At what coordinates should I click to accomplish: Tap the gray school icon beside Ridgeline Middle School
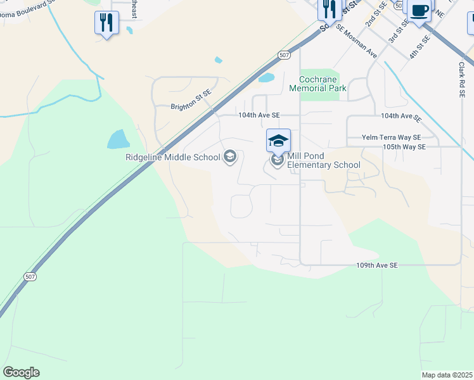[x=230, y=156]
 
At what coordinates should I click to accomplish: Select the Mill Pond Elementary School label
[x=324, y=161]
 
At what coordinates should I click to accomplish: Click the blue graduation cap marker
[x=279, y=140]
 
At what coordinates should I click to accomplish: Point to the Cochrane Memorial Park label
[x=318, y=84]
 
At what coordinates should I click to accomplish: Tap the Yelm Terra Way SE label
[x=391, y=137]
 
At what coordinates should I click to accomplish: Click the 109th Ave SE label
[x=376, y=265]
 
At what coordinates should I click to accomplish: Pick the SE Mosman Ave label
[x=357, y=42]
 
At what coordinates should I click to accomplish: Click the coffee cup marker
[x=420, y=11]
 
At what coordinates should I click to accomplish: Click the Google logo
[x=21, y=372]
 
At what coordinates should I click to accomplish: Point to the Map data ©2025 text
[x=447, y=375]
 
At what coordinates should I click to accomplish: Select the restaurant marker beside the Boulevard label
[x=106, y=23]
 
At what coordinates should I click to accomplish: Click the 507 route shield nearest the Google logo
[x=30, y=277]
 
